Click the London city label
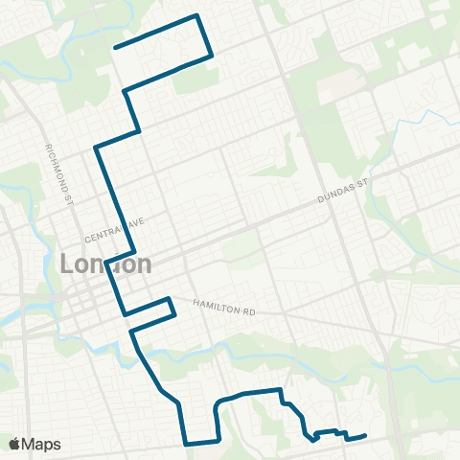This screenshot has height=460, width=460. (106, 264)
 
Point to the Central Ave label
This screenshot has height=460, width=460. (114, 230)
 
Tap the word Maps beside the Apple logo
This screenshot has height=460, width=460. (42, 444)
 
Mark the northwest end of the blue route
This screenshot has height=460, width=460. (115, 47)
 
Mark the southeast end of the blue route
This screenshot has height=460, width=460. (367, 436)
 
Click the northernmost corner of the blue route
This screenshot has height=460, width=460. (196, 15)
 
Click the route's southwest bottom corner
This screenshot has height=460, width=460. (185, 444)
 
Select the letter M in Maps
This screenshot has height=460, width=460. (32, 444)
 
